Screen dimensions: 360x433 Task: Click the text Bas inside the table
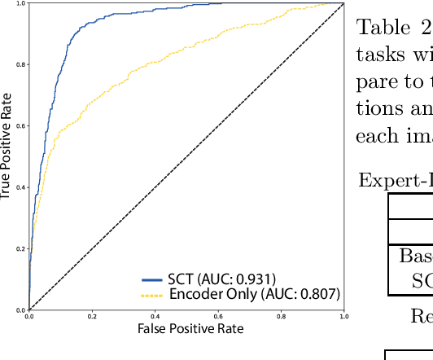414,255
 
